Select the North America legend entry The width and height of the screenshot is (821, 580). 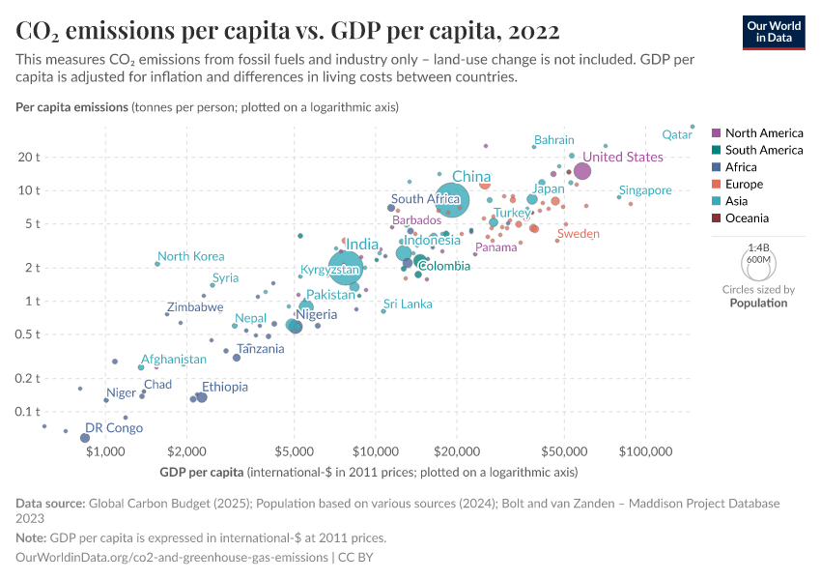point(763,133)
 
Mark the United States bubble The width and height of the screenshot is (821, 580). point(582,171)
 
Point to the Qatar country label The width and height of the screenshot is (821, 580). point(677,135)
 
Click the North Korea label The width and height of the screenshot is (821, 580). point(190,256)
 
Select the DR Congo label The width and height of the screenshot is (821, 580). point(114,428)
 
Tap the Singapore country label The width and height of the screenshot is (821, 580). point(645,190)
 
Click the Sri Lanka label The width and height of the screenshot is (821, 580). point(408,304)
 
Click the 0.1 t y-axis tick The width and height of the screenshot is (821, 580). point(28,412)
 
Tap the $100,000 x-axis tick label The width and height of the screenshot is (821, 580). point(645,451)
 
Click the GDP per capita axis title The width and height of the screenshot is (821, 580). point(202,473)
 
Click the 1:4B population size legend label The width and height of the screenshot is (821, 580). point(758,248)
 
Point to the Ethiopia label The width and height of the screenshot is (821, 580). point(224,387)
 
